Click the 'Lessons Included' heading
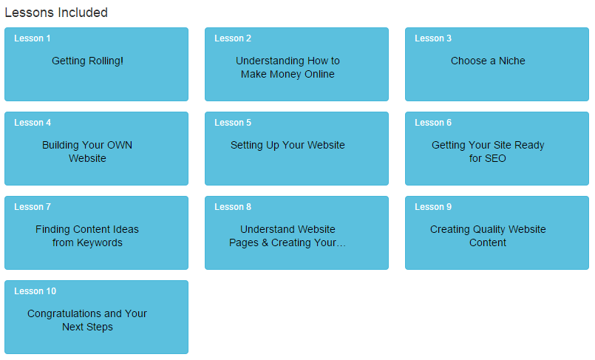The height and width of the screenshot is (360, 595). [x=56, y=13]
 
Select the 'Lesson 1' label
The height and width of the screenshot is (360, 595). [x=33, y=38]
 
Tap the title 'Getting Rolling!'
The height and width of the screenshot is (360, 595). [x=87, y=61]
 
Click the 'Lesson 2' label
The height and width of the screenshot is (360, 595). [x=233, y=38]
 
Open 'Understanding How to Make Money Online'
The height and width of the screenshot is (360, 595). [x=288, y=67]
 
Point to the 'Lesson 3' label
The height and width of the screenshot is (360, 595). [x=433, y=38]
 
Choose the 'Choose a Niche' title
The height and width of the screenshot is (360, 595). [x=488, y=61]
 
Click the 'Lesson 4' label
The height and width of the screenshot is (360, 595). [x=33, y=123]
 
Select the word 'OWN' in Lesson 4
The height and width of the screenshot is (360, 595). [x=120, y=145]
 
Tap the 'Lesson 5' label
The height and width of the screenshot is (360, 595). [x=233, y=123]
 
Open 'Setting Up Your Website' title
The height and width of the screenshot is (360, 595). [x=288, y=145]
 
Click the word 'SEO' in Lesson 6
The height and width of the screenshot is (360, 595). [x=495, y=158]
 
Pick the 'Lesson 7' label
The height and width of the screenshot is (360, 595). [x=33, y=207]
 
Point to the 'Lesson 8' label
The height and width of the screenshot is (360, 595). [x=233, y=207]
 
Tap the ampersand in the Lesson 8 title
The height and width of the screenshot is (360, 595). [x=265, y=242]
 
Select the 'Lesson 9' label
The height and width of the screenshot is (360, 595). [x=433, y=207]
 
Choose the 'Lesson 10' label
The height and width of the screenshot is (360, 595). [x=35, y=291]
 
